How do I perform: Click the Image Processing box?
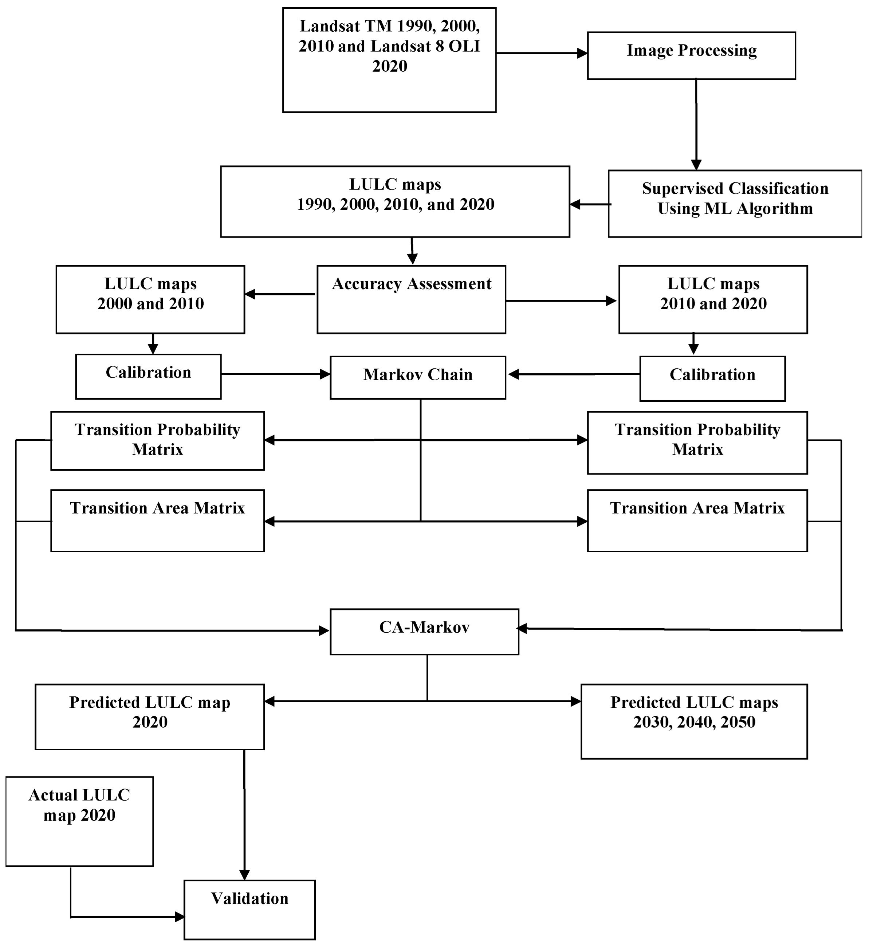click(x=691, y=55)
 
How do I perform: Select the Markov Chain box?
click(x=418, y=378)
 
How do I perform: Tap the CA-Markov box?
click(x=424, y=632)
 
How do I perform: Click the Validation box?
click(x=249, y=909)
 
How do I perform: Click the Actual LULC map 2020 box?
click(x=79, y=821)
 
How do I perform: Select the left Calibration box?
click(x=148, y=377)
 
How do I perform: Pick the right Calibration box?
click(x=712, y=378)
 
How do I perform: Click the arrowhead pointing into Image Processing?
click(x=582, y=54)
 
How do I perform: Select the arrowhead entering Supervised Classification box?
click(x=696, y=165)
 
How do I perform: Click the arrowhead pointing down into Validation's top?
click(x=244, y=874)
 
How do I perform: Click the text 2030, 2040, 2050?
click(x=694, y=722)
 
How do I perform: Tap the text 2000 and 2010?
click(x=150, y=304)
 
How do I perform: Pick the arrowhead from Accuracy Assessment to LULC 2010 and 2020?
click(x=611, y=301)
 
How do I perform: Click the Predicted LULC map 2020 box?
click(x=150, y=716)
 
